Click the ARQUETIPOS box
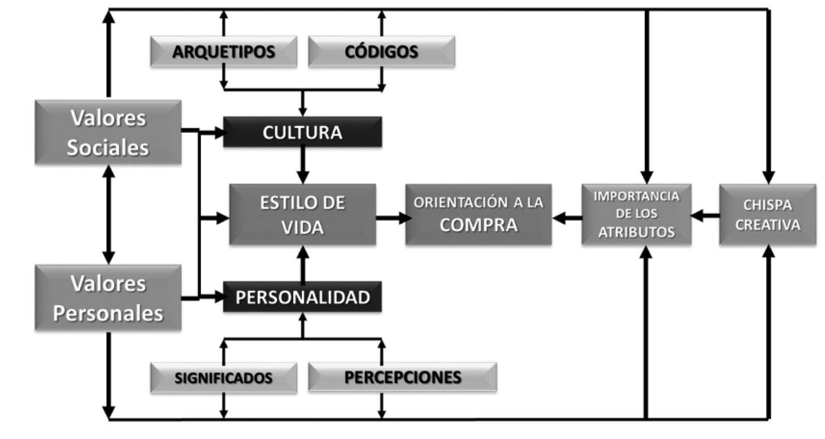tap(223, 52)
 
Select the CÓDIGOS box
tap(381, 52)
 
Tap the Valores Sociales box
tap(108, 132)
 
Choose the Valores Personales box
tap(108, 298)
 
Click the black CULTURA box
tap(302, 132)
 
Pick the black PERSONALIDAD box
tap(302, 297)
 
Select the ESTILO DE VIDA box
tap(302, 214)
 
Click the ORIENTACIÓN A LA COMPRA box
tap(478, 214)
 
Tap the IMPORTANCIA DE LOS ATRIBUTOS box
tap(636, 214)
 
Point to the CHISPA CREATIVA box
tap(767, 214)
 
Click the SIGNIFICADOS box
tap(223, 378)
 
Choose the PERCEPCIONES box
tap(402, 377)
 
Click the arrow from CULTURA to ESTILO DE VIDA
tap(303, 165)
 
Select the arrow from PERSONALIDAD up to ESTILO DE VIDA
tap(303, 263)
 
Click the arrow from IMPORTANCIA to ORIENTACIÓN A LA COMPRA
tap(567, 218)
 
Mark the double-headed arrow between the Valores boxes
tap(108, 214)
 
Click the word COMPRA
tap(478, 225)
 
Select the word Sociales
tap(108, 148)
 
